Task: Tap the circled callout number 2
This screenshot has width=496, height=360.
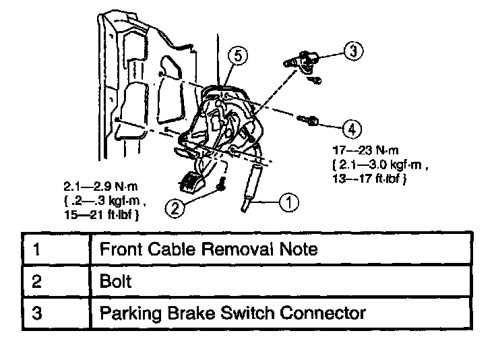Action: coord(175,209)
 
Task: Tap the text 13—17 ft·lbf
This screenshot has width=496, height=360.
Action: coord(369,179)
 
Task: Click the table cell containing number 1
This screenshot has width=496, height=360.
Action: coord(57,249)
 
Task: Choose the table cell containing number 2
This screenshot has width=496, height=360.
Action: coord(57,281)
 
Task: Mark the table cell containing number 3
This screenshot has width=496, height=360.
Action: coord(57,313)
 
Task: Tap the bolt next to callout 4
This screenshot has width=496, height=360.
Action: coord(311,121)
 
